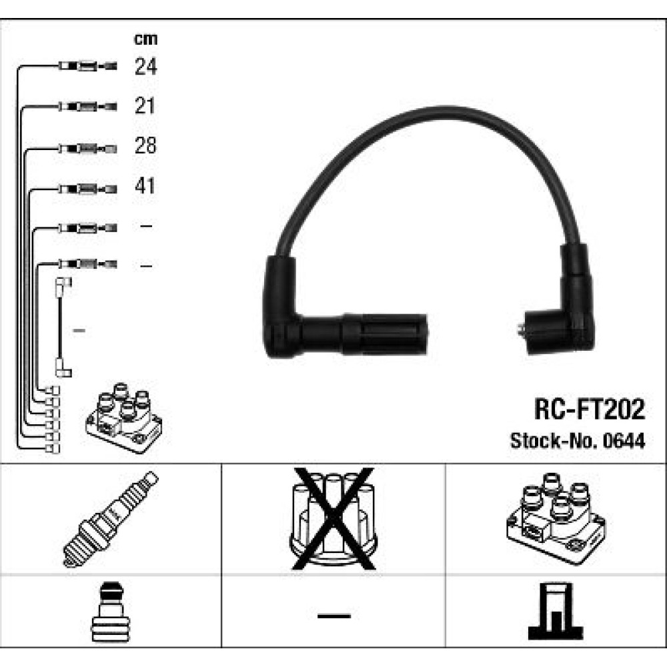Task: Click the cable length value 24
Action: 145,66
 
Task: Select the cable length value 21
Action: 145,105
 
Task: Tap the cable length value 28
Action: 145,145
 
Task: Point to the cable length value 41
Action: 145,185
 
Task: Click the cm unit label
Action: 145,39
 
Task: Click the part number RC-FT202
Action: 589,410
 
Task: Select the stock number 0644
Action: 624,441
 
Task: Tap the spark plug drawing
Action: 111,519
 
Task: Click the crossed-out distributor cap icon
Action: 333,518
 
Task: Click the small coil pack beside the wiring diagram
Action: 124,418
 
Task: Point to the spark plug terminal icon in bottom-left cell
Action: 111,612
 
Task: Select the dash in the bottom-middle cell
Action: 334,616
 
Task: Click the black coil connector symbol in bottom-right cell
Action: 556,612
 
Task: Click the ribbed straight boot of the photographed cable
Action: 385,334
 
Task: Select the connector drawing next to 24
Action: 88,66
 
